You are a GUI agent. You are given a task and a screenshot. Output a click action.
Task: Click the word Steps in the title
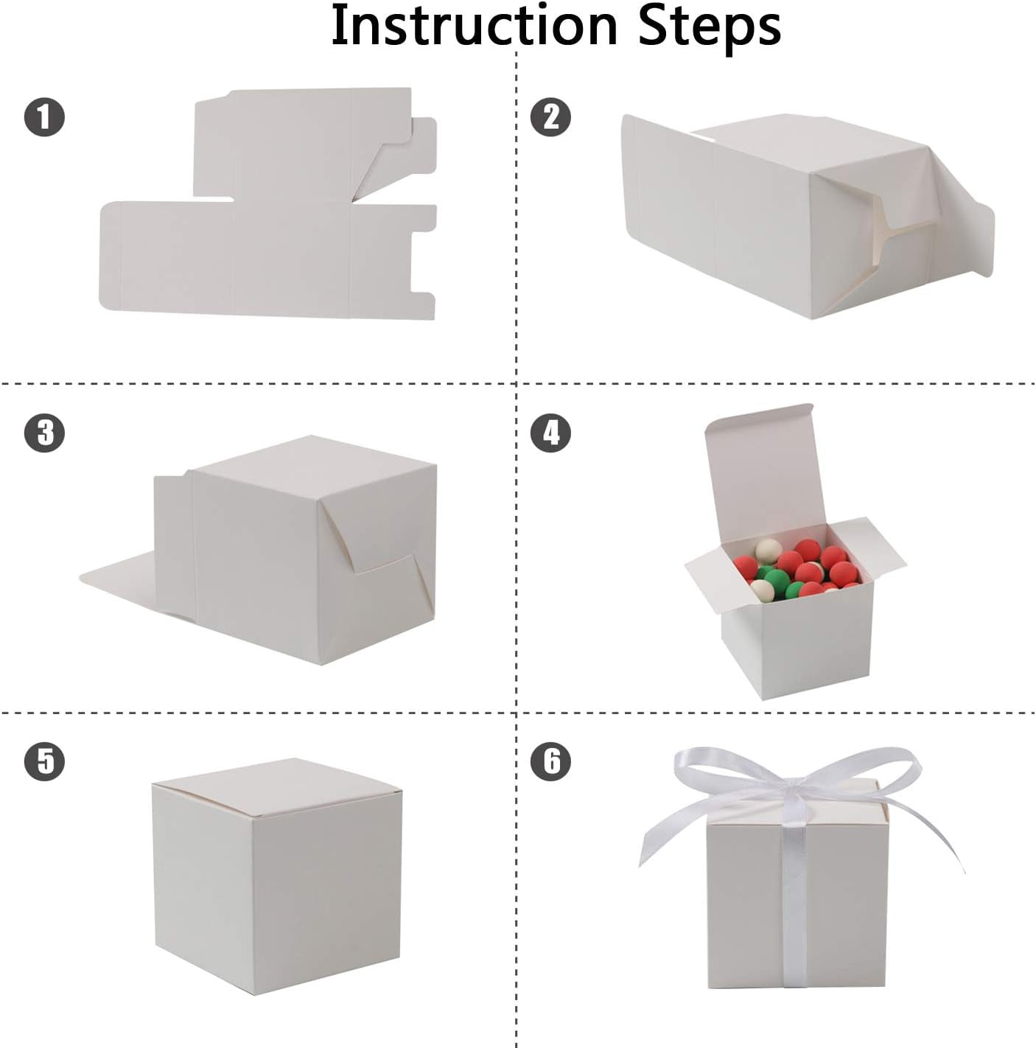pos(709,27)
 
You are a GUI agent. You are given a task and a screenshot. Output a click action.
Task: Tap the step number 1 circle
pos(45,118)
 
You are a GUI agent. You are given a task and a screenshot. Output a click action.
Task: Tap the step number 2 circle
pos(550,118)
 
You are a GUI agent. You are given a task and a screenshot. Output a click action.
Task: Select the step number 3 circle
pos(45,433)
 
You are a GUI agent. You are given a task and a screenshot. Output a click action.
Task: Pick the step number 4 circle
pos(550,433)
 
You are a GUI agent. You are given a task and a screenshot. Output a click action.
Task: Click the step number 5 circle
pos(45,761)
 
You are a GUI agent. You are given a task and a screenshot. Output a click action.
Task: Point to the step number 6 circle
pos(550,761)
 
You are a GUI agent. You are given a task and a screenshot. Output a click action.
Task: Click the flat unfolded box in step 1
pos(273,251)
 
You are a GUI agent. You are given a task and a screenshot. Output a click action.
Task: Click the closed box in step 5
pos(276,884)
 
